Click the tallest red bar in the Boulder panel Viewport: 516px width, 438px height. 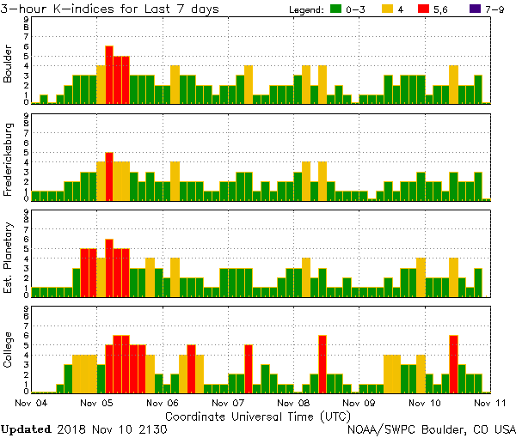coord(109,75)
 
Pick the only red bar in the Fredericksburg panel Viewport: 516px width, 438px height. coord(109,176)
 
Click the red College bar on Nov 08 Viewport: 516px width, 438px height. coord(322,363)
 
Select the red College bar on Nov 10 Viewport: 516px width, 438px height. coord(453,363)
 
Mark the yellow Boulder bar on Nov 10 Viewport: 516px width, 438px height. coord(453,84)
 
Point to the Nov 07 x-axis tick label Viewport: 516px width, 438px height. coord(226,402)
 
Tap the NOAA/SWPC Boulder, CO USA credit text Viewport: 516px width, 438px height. coord(430,429)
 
